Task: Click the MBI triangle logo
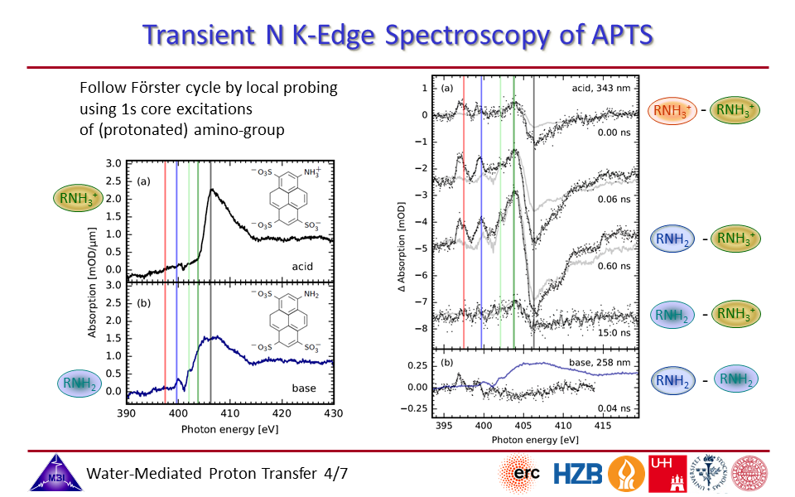pos(52,474)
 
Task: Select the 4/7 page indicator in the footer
pos(333,474)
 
